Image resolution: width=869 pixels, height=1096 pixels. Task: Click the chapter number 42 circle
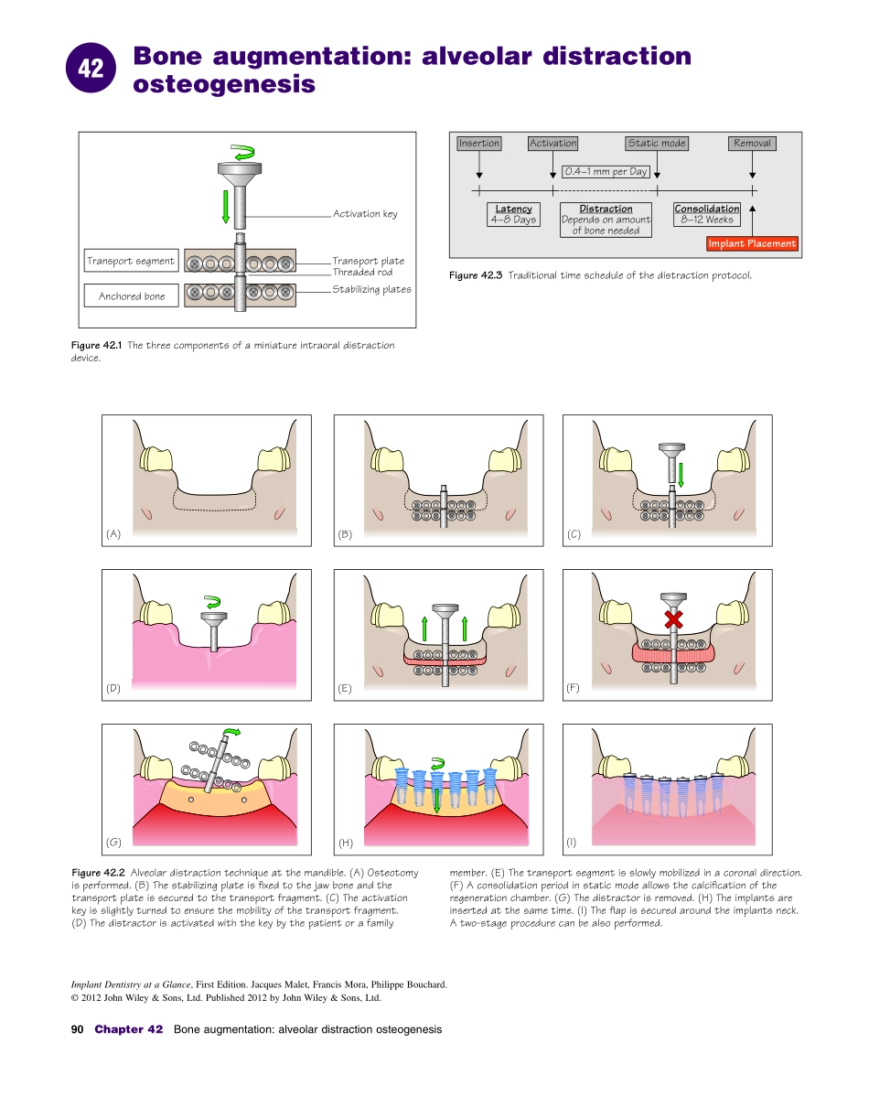[91, 69]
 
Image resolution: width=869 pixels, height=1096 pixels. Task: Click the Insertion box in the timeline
[479, 143]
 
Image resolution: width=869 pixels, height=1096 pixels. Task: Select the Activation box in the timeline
[553, 143]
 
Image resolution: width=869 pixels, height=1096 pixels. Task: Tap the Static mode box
[657, 143]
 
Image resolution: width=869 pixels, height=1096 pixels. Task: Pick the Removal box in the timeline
[753, 143]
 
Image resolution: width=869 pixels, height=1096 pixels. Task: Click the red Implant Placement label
[753, 243]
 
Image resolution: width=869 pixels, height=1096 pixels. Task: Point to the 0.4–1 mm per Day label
[606, 172]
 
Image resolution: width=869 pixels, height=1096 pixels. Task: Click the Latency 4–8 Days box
[513, 215]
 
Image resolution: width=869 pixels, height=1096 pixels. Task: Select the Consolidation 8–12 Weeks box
[707, 215]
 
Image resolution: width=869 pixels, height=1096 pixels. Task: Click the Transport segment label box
[131, 262]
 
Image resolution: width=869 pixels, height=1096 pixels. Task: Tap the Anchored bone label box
[132, 296]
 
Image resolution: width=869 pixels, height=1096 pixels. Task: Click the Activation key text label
[365, 214]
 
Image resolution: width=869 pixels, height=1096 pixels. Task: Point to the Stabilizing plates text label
[371, 289]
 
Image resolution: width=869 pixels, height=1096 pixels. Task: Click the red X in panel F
[674, 619]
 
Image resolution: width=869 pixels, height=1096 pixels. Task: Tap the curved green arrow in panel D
[213, 602]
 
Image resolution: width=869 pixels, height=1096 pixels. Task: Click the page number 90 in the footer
[78, 1029]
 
